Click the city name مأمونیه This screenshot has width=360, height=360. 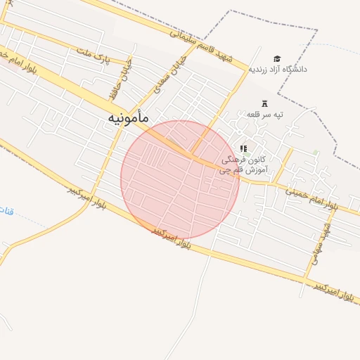click(128, 119)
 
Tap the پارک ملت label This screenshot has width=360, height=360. click(93, 54)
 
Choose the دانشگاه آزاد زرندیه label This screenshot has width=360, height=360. click(278, 69)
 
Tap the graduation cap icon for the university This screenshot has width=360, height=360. click(278, 58)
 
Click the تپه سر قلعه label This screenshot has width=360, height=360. click(265, 113)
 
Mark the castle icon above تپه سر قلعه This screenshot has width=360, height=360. click(265, 103)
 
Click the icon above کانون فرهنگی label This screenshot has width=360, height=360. click(243, 148)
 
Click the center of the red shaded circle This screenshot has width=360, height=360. click(180, 180)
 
